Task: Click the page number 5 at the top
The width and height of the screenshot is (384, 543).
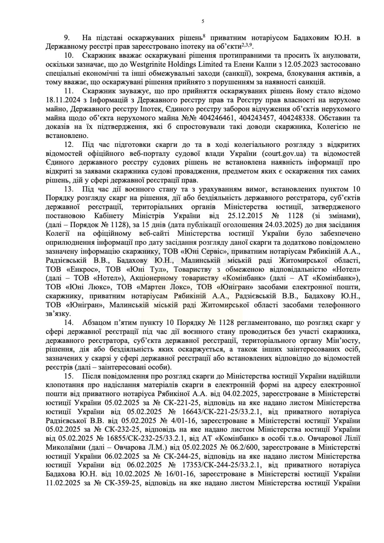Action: (x=203, y=21)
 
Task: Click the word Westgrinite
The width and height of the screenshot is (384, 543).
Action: (x=152, y=65)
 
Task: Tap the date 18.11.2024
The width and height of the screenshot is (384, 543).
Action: (x=61, y=100)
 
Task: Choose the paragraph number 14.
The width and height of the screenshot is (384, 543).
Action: (x=68, y=323)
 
